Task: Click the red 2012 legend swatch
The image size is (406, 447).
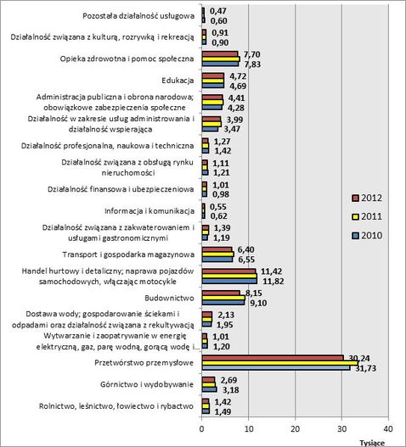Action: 356,198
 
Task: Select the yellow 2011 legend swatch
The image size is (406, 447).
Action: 356,217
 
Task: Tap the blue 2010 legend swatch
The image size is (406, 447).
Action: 356,236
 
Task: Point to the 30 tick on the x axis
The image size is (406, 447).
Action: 341,428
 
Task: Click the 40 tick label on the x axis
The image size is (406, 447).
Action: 388,428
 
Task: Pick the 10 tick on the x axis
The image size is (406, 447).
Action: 248,428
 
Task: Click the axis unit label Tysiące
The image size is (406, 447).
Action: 372,443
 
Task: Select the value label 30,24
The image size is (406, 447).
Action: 359,359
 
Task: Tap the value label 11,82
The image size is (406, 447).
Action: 273,282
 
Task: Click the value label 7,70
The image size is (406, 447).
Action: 252,54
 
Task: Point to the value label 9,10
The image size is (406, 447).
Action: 258,303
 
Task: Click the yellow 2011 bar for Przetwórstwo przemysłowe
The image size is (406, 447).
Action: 280,363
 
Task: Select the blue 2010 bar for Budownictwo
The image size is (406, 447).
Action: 223,303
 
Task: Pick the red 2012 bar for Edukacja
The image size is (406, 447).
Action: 213,75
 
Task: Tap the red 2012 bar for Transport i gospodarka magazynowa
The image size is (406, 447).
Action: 217,249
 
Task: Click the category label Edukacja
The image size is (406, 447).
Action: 178,81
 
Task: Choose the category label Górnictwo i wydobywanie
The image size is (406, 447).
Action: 147,384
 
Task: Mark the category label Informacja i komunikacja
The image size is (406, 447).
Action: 149,211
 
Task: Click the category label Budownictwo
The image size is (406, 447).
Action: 169,299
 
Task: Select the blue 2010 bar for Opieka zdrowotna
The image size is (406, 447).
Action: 220,64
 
